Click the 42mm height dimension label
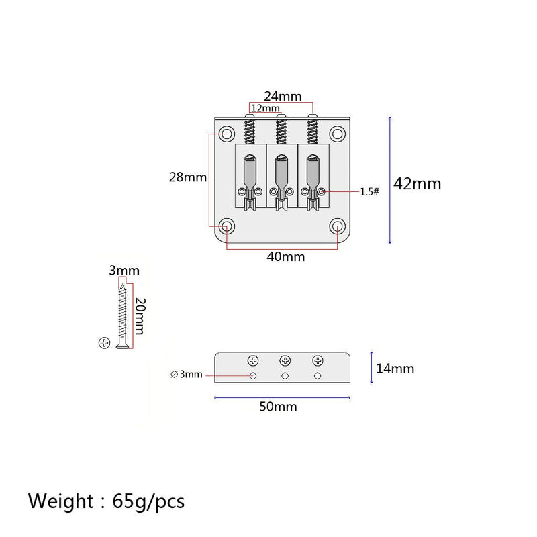point(417,184)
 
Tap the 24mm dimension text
point(283,96)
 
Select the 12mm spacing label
point(265,108)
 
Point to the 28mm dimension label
point(188,177)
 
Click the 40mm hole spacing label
point(286,256)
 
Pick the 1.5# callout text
point(370,191)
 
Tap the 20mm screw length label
point(140,315)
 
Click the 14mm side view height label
point(395,369)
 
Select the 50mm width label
point(278,407)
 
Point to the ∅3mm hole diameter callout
point(187,374)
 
